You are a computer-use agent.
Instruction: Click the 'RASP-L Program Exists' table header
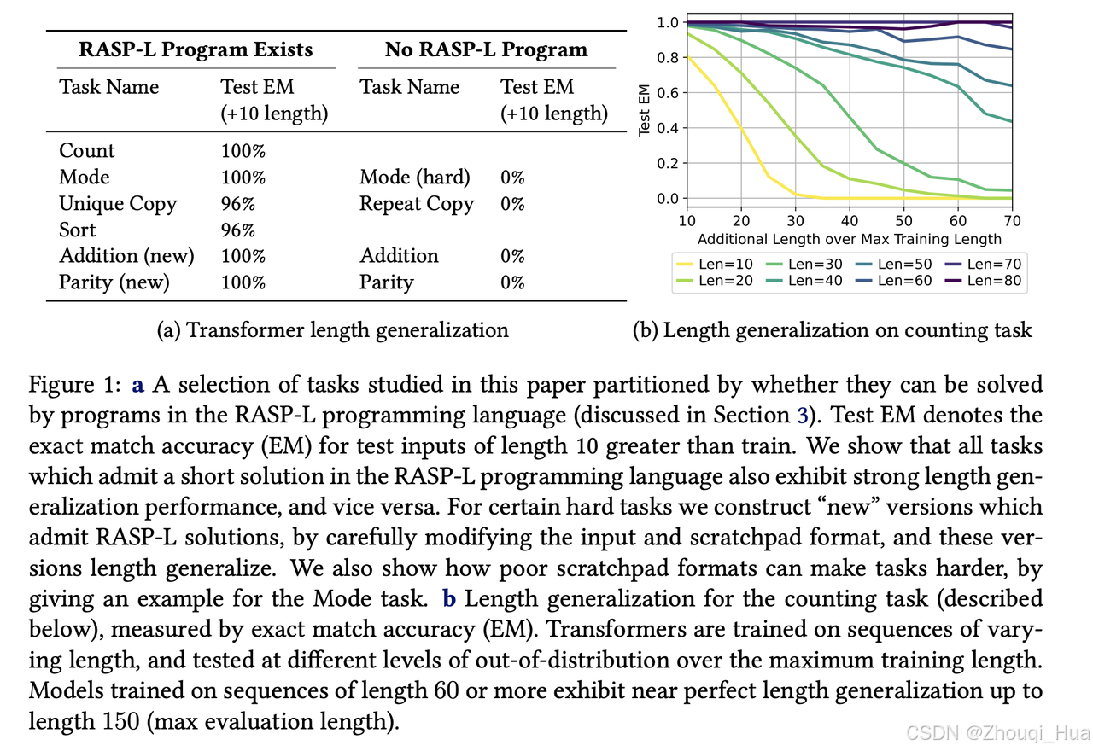(x=196, y=49)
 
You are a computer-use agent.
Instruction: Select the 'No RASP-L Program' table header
(x=486, y=49)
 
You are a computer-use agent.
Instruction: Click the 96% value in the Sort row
(x=237, y=230)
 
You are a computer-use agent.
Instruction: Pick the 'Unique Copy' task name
(x=118, y=204)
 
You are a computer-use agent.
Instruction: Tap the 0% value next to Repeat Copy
(x=512, y=204)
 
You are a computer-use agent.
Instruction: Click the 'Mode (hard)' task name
(x=415, y=178)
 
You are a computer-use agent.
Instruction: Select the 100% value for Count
(x=243, y=151)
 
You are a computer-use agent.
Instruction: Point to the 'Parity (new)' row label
(x=114, y=282)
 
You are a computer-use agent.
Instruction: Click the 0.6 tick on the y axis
(x=666, y=93)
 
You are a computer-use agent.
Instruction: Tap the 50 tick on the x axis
(x=904, y=220)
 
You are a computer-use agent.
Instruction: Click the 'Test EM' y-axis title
(x=646, y=110)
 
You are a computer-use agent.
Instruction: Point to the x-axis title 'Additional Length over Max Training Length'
(x=850, y=239)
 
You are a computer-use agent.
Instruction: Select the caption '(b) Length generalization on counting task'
(x=832, y=330)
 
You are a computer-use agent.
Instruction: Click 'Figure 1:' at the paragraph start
(x=76, y=386)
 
